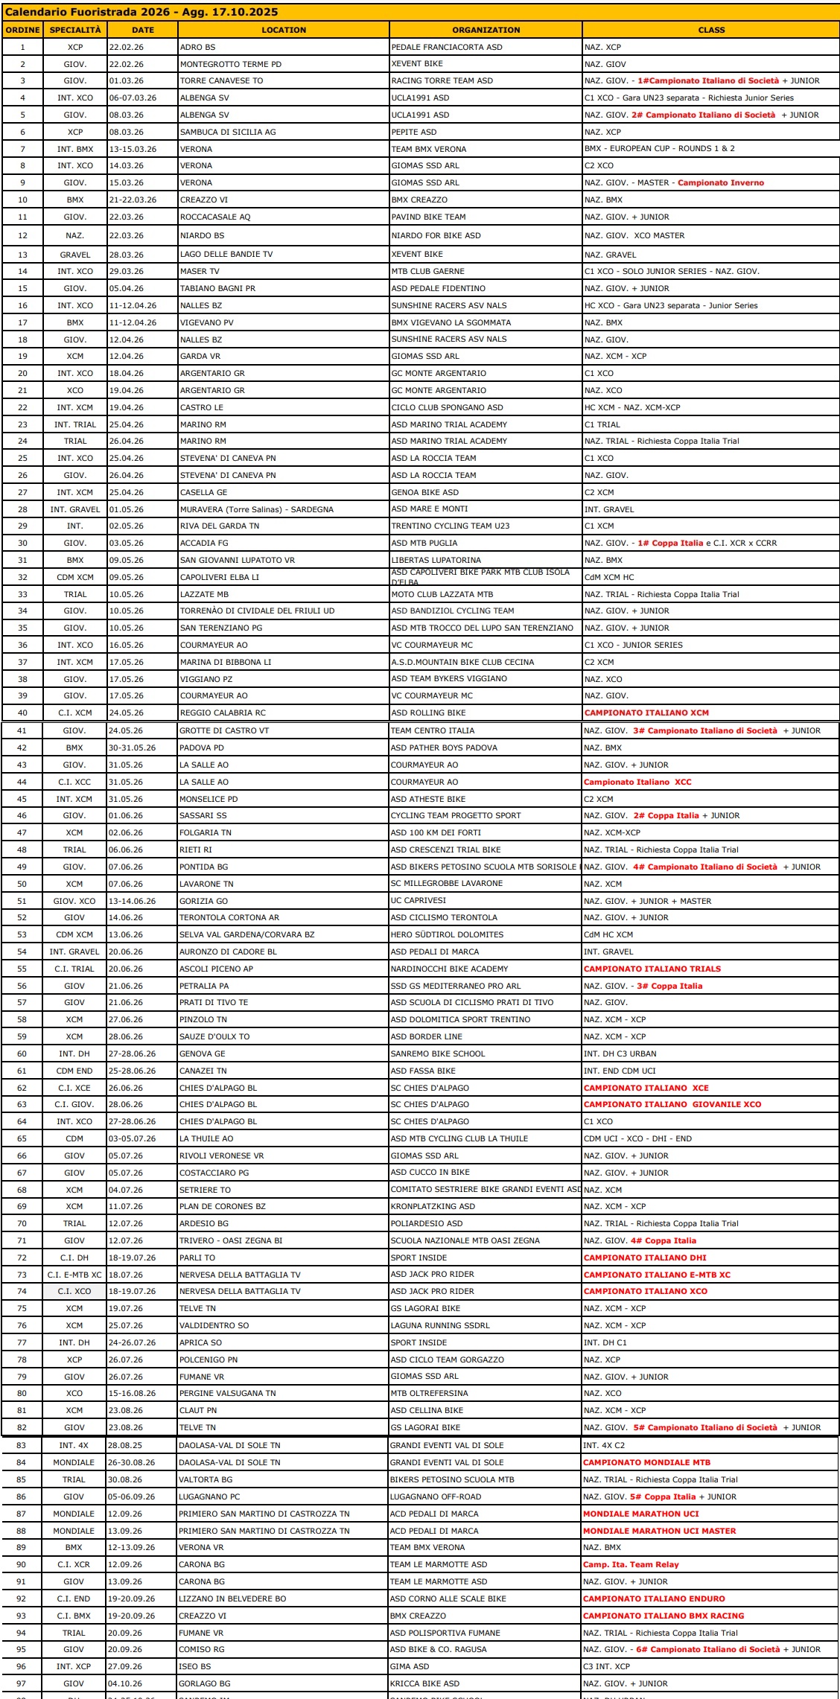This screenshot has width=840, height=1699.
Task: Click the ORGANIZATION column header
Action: tap(486, 30)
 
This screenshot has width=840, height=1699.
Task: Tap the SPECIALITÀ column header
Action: tap(74, 30)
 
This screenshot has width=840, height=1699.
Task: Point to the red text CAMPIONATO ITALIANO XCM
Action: tap(646, 713)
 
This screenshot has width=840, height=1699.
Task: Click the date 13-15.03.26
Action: tap(133, 149)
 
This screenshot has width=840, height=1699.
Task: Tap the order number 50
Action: tap(22, 884)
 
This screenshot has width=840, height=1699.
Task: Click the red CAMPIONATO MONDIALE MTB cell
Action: tap(646, 1462)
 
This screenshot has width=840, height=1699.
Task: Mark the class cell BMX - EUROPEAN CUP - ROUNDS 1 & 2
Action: tap(659, 149)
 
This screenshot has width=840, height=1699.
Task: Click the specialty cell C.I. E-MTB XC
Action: tap(74, 1275)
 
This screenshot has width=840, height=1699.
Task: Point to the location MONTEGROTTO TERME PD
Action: tap(231, 64)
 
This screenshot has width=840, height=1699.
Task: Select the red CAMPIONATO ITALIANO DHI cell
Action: tap(645, 1257)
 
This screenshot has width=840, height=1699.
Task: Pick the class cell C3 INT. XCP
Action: tap(607, 1666)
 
